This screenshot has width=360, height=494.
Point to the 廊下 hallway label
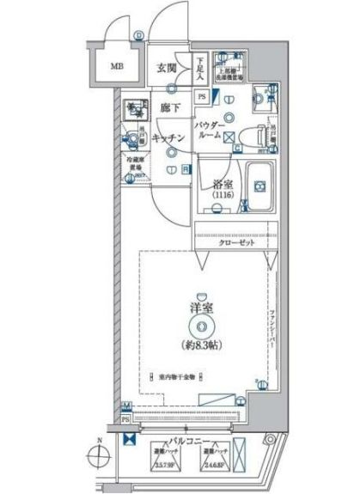[x=168, y=109]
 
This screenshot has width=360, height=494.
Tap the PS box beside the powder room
[x=201, y=97]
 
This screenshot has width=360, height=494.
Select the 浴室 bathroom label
[x=223, y=183]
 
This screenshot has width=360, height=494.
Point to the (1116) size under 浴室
[x=223, y=196]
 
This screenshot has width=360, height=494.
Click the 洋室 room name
[x=199, y=306]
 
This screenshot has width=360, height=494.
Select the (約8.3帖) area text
[x=199, y=345]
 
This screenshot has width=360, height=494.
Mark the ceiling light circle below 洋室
[x=199, y=326]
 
